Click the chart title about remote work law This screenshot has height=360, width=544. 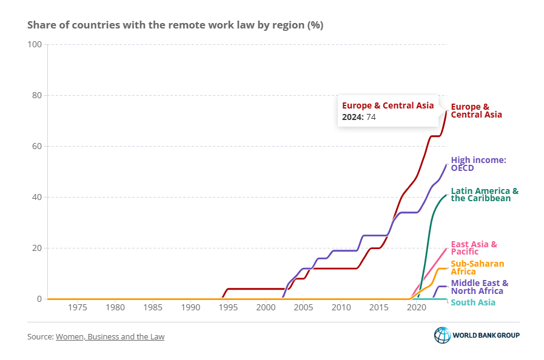pos(175,25)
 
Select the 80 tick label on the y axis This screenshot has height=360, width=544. pos(36,95)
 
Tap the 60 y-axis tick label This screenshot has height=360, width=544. pos(36,146)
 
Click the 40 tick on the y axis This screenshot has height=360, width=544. pos(36,197)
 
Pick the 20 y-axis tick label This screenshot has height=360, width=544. pos(36,248)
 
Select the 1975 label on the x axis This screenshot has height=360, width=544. pos(77,307)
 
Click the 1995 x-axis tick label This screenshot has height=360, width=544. pos(228,307)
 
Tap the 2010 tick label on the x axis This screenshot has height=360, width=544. pos(341,307)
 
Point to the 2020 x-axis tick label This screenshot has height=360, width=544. pos(417,307)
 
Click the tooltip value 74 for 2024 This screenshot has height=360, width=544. pos(370,117)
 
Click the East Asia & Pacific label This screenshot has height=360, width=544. pos(474,247)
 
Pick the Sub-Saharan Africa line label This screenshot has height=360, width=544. pos(478,267)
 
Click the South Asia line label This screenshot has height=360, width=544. pos(473,302)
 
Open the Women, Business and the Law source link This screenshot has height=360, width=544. pos(110,336)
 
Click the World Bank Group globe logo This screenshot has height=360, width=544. pos(442,335)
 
